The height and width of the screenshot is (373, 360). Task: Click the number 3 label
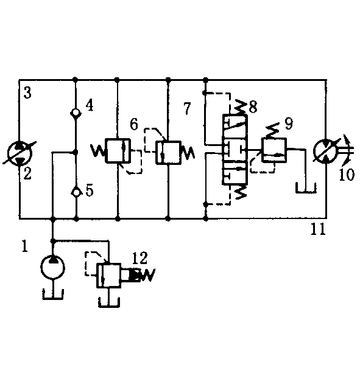27,93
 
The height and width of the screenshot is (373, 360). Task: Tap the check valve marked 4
76,113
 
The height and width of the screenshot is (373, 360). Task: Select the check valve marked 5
76,192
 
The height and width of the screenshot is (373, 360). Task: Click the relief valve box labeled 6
118,150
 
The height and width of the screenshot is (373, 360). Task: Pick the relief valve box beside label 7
168,153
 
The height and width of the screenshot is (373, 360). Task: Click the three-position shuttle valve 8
235,150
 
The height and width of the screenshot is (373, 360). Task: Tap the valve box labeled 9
274,150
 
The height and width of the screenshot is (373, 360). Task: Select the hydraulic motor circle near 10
326,151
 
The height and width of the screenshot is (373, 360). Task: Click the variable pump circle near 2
19,153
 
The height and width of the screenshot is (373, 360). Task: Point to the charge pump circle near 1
52,267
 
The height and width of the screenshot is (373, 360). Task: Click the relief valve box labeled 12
108,275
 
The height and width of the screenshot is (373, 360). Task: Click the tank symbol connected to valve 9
306,188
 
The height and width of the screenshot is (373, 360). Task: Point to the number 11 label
318,229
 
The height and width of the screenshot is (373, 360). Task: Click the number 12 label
140,258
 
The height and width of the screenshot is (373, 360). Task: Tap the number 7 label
188,108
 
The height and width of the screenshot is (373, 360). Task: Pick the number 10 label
347,175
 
